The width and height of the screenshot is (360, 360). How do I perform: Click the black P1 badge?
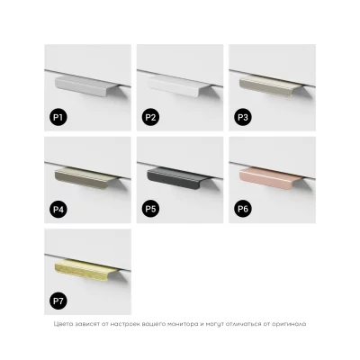[x=58, y=117]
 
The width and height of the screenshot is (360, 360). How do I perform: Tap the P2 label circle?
[x=150, y=117]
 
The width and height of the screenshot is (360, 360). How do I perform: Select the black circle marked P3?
[x=243, y=117]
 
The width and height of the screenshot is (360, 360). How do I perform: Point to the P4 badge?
[x=58, y=209]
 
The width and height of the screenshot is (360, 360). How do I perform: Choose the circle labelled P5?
[x=150, y=209]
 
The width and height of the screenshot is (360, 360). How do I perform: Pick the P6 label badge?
[x=243, y=209]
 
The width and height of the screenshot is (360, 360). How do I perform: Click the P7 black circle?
[x=58, y=301]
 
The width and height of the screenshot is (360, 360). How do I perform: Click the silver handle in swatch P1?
[x=86, y=86]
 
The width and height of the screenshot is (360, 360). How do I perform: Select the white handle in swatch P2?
[x=179, y=86]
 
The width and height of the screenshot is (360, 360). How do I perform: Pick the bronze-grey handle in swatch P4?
[x=86, y=178]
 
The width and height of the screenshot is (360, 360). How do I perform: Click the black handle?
[x=179, y=178]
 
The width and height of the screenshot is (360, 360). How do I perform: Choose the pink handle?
[x=271, y=178]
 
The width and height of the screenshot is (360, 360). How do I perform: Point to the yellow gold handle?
[x=86, y=271]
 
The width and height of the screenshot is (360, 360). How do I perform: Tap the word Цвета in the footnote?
[x=61, y=324]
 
